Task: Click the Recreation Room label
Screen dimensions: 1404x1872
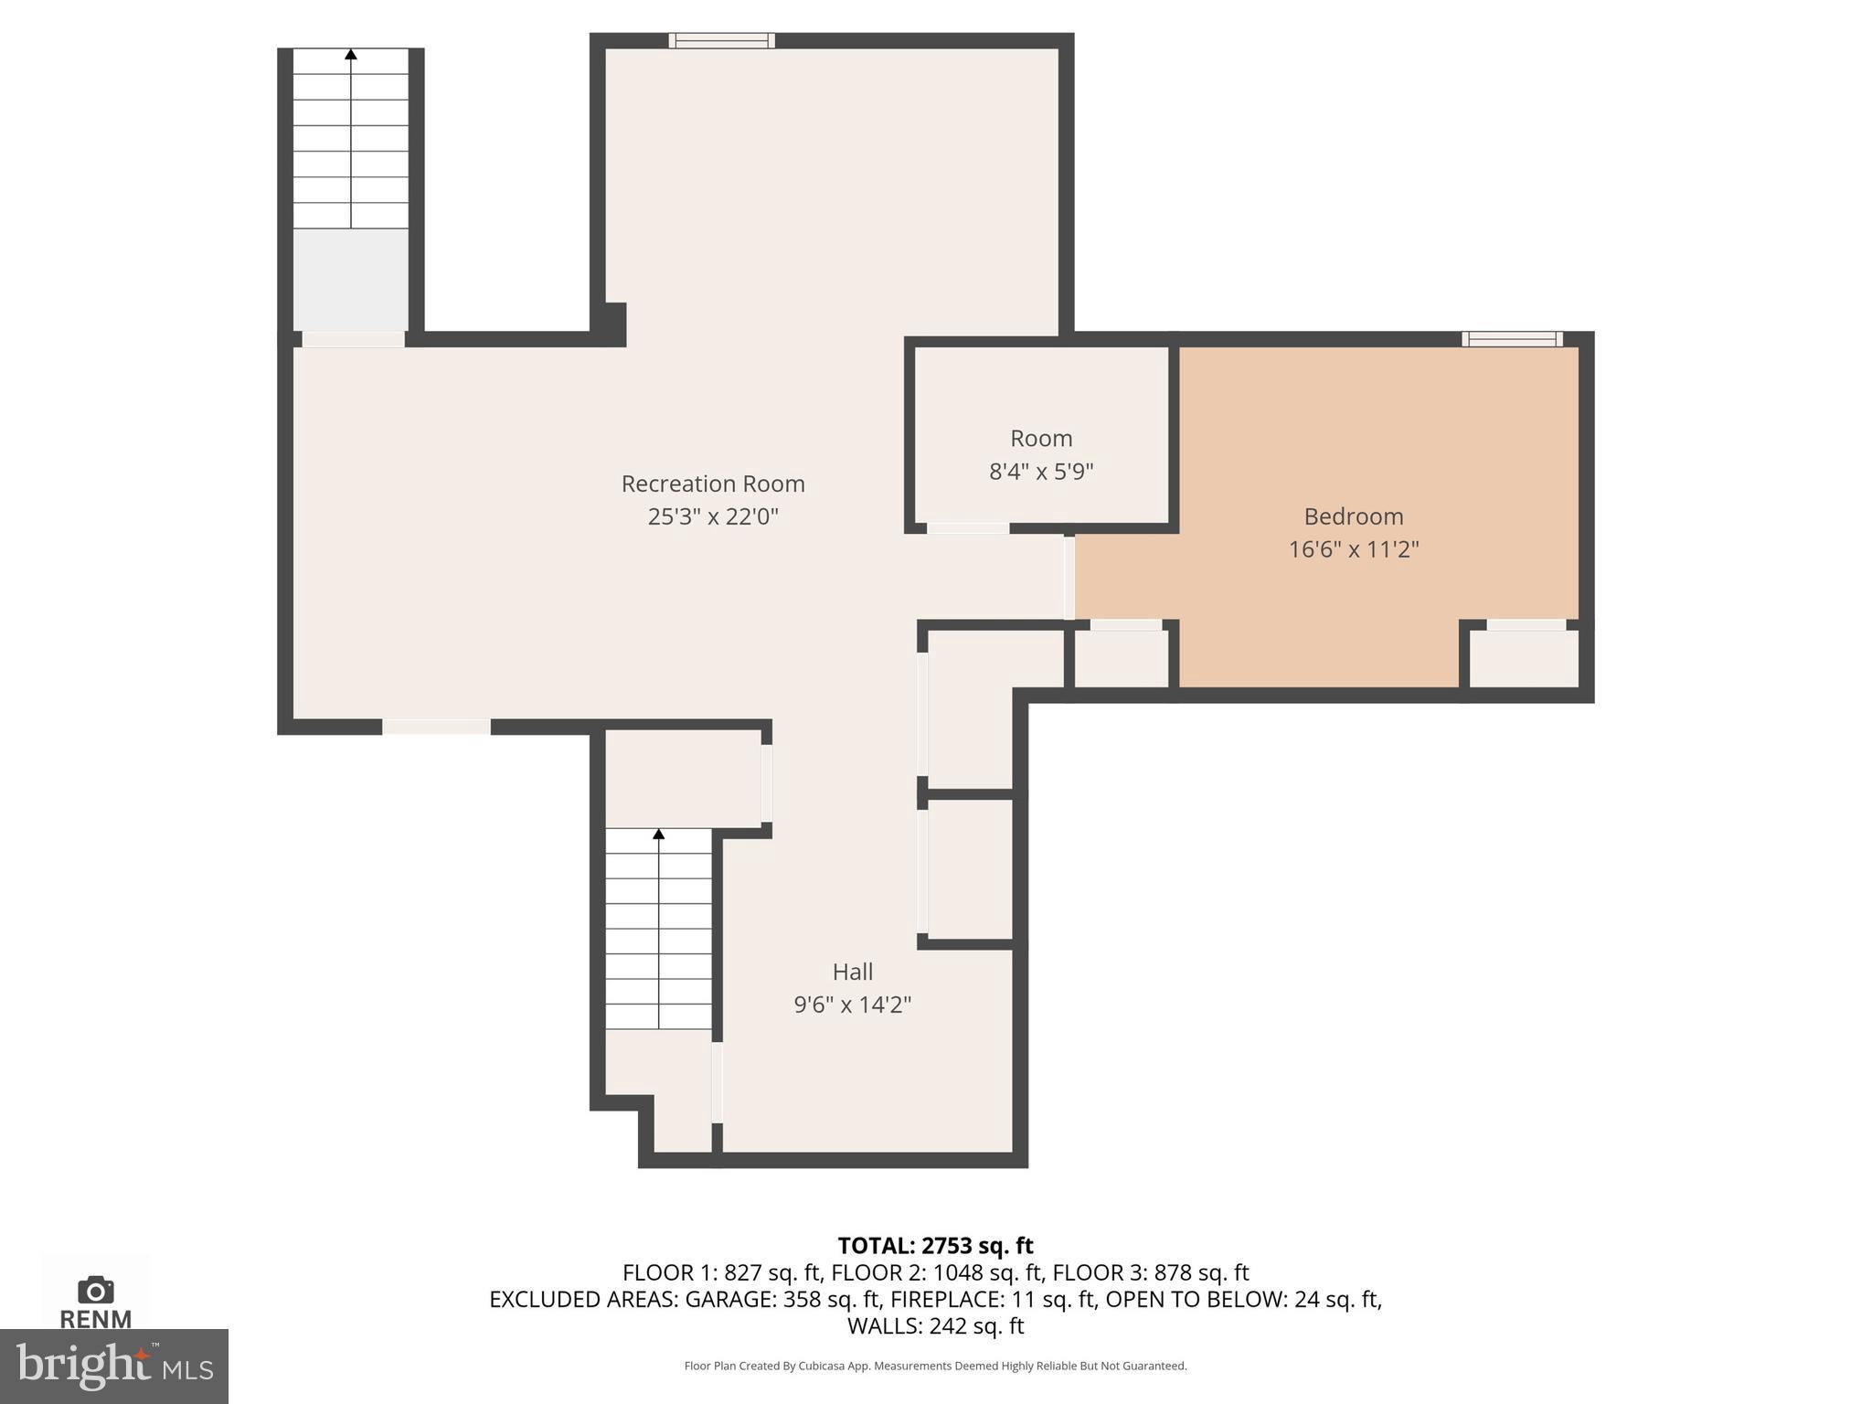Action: [x=713, y=484]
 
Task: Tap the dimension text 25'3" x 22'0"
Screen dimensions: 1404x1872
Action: [x=713, y=517]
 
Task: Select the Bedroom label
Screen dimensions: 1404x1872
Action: [x=1353, y=516]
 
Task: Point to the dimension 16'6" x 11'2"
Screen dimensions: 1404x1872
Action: [x=1353, y=550]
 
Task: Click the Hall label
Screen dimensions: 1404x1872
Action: [x=852, y=972]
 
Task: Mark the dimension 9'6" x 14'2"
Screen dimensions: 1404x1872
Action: [x=852, y=1005]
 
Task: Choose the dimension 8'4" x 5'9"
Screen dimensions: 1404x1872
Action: [x=1041, y=473]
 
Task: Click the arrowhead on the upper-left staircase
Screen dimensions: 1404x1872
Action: [x=351, y=55]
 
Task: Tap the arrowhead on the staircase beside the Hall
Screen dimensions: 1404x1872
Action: [x=658, y=834]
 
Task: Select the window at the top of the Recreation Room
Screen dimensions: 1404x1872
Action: [x=721, y=40]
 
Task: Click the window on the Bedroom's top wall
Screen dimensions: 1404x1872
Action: [x=1512, y=339]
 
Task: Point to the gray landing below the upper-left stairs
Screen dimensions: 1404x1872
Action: [x=350, y=279]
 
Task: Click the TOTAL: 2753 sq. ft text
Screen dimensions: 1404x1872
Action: [x=935, y=1246]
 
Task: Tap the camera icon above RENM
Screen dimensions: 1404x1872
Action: [x=95, y=1290]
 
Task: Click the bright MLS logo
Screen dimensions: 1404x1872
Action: [x=113, y=1366]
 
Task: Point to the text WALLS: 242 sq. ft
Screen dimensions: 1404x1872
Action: [x=935, y=1325]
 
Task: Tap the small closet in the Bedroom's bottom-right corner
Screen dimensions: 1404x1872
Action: [x=1524, y=658]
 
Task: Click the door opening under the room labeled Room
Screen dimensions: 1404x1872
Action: [x=968, y=528]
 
